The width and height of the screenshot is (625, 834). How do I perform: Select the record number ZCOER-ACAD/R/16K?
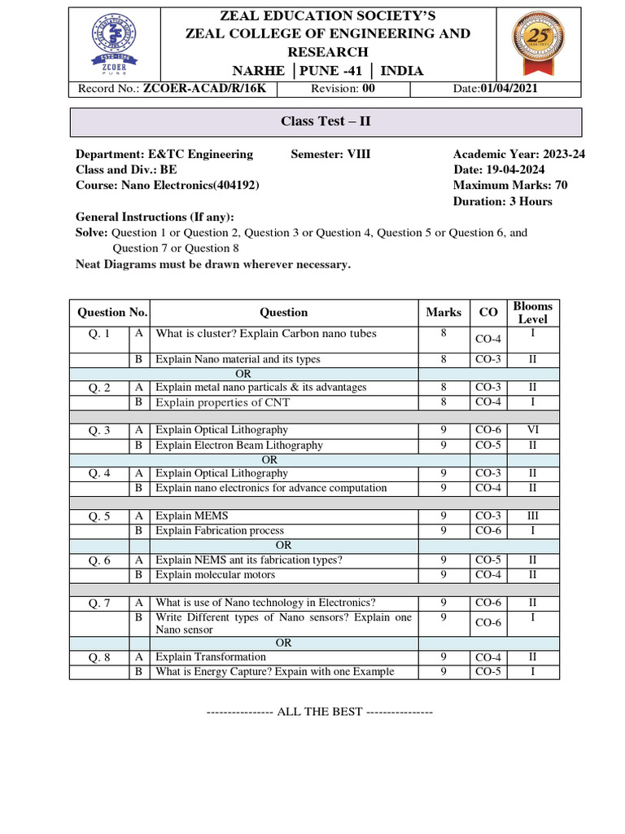[x=210, y=89]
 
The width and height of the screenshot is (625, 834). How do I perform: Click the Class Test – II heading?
[x=326, y=121]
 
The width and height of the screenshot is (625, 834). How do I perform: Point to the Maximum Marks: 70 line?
[x=510, y=185]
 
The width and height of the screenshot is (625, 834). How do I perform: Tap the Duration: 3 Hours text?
[x=502, y=201]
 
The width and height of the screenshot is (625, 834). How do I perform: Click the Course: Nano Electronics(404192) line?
[x=168, y=185]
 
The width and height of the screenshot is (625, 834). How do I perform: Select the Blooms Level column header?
[x=532, y=313]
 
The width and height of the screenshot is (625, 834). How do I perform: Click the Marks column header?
[x=444, y=312]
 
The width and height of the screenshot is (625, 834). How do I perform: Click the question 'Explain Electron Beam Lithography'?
[x=239, y=445]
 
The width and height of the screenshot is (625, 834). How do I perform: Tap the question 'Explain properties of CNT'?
[x=222, y=402]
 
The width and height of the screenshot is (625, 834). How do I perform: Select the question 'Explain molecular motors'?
[x=215, y=575]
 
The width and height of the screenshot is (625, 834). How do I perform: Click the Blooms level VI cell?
[x=532, y=429]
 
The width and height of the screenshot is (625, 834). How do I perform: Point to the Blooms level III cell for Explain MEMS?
[x=532, y=516]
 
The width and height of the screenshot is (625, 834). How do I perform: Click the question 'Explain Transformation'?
[x=211, y=656]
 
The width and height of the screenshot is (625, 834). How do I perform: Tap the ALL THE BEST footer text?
[x=319, y=712]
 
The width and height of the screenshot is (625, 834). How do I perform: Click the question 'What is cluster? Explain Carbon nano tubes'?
[x=266, y=333]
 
